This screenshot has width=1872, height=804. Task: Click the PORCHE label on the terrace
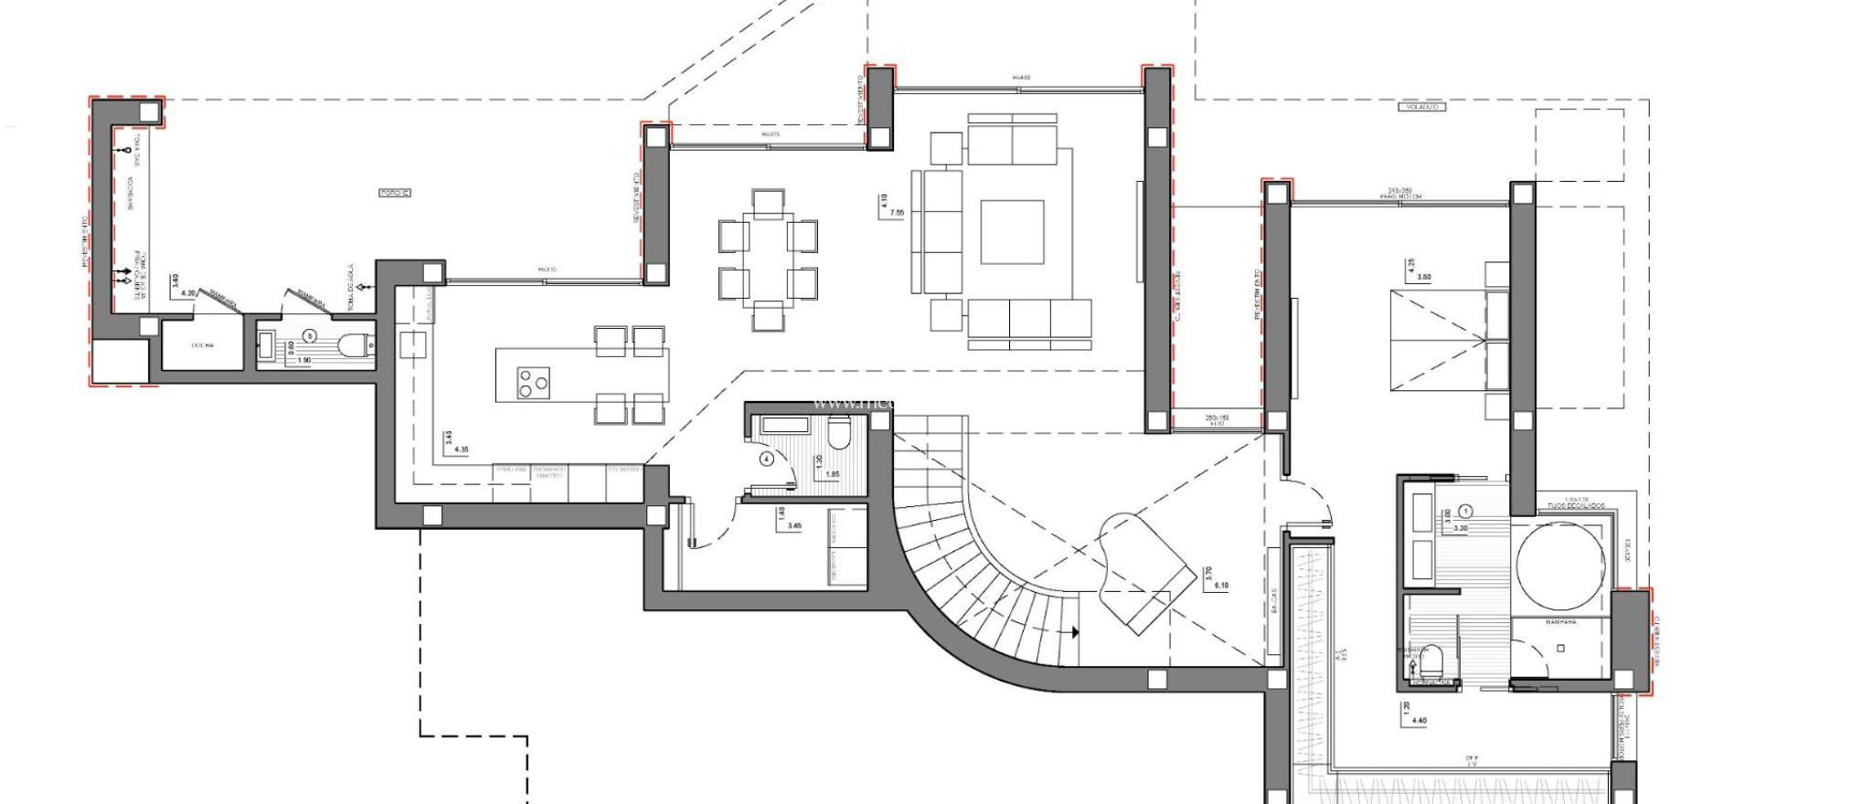coord(395,193)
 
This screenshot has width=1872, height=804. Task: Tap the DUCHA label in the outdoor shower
coord(203,345)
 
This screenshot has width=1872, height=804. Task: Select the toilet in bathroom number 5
coord(353,345)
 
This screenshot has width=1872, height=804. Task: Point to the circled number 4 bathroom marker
coord(766,460)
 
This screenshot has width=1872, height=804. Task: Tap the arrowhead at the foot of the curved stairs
coord(1075,631)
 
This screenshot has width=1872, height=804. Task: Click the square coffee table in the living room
coord(1012,232)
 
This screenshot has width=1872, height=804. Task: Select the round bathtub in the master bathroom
coord(1559,566)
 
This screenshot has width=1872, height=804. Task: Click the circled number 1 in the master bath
coord(1465,512)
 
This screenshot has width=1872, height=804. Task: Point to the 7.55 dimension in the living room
coord(897,213)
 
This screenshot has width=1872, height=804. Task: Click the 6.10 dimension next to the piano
coord(1222,586)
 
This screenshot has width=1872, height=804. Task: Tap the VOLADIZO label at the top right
coord(1422,107)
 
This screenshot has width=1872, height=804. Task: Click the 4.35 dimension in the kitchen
coord(461,450)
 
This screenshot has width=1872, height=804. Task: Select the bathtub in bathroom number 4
coord(784,425)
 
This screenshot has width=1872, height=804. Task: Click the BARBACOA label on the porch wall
coord(131,193)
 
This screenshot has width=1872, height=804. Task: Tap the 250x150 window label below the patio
coord(1217,418)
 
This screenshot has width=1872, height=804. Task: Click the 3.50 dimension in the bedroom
coord(1422,277)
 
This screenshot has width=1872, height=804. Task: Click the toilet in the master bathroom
coord(1433,660)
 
